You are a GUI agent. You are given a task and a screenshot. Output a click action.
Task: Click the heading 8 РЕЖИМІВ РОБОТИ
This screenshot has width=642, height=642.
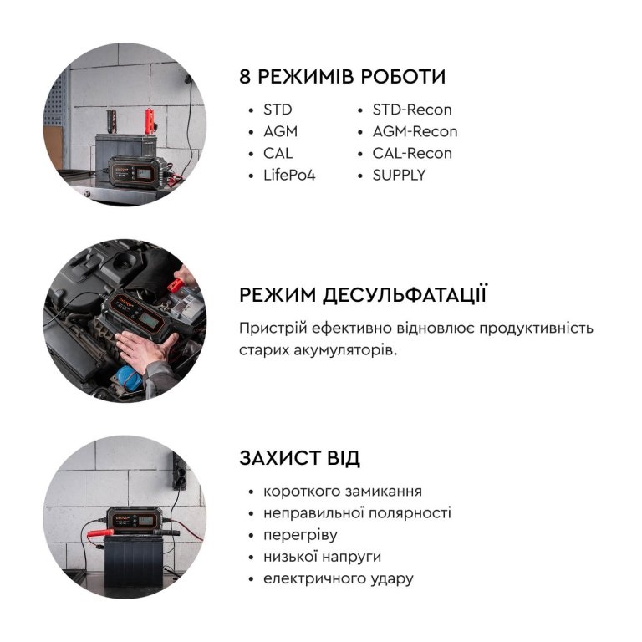[x=342, y=77]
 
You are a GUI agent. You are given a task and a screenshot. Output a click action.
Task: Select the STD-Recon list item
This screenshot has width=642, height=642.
[x=412, y=110]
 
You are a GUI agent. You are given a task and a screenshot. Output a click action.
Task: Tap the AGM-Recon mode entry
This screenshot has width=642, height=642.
[x=415, y=131]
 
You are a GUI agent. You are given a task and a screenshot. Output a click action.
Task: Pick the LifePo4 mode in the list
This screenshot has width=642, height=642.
[x=289, y=176]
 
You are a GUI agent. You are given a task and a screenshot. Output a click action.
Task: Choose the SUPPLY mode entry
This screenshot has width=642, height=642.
[x=400, y=176]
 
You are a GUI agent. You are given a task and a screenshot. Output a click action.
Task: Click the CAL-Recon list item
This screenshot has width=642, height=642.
[x=412, y=154]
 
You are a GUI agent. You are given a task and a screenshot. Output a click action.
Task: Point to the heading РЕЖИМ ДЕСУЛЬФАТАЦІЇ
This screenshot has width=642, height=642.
[x=363, y=295]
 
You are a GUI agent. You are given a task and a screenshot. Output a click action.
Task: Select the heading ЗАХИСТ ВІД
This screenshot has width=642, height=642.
[x=300, y=458]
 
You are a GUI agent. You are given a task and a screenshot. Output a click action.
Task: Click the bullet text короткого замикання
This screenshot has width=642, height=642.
[x=342, y=491]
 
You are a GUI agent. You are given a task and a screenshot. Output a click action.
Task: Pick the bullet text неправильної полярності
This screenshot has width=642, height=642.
[x=357, y=513]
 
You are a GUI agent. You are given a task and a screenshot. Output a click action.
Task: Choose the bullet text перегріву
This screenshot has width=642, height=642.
[x=300, y=535]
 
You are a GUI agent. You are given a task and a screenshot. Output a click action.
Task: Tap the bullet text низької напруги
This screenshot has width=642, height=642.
[x=322, y=557]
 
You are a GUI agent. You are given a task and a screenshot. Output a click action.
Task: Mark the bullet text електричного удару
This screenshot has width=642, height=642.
[x=339, y=579]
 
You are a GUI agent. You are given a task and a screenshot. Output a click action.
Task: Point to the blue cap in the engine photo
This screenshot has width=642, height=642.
[x=129, y=378]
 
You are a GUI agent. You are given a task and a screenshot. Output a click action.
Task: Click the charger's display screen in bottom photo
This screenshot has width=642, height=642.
[x=145, y=521]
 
